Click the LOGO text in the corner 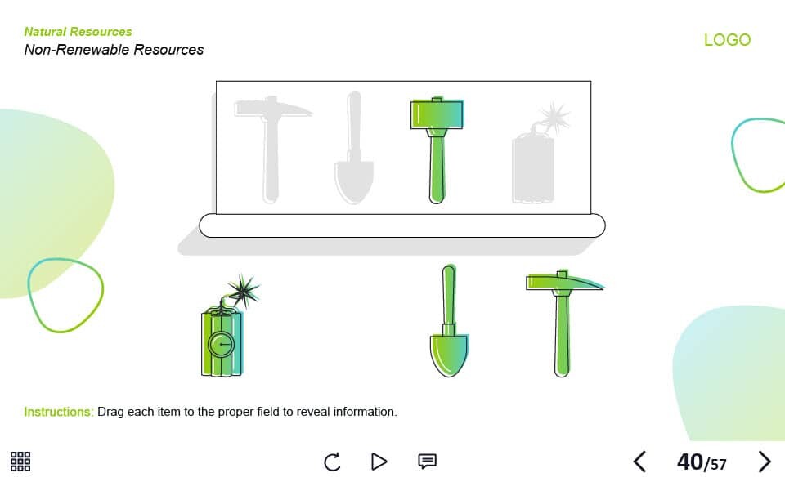[727, 39]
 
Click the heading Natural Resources [78, 32]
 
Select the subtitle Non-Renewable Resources [114, 50]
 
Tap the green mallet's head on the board [437, 114]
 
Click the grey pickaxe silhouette [271, 149]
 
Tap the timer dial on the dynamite [221, 345]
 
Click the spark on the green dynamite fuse [244, 290]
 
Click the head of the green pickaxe [564, 282]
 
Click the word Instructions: [59, 412]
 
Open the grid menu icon [20, 462]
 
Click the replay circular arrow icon [332, 462]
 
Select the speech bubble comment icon [427, 461]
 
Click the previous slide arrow [639, 462]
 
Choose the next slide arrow [764, 462]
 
